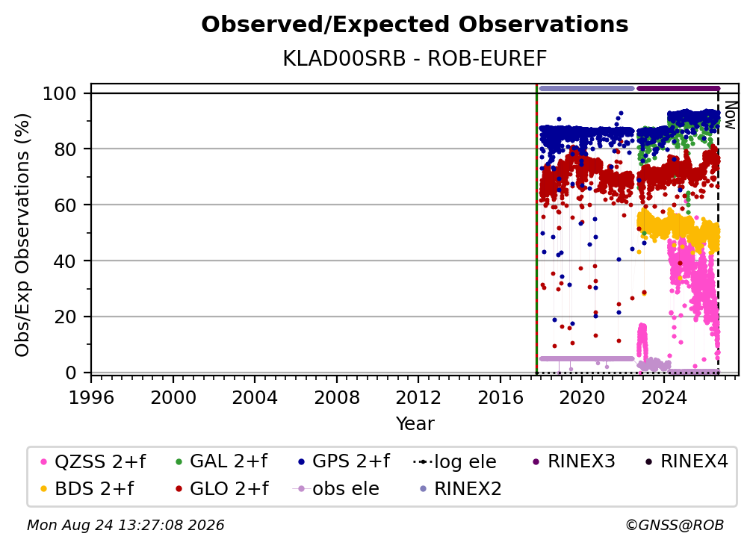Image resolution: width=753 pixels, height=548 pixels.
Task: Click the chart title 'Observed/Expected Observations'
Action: coord(415,25)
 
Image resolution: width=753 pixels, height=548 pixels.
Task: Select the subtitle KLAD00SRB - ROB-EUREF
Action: coord(415,59)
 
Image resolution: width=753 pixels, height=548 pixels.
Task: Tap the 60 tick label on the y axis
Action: coord(65,205)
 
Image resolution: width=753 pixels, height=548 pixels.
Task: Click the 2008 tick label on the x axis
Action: coord(336,398)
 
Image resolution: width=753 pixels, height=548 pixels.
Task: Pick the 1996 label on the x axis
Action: coord(91,398)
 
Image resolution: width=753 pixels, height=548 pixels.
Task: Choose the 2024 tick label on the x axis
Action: coord(663,398)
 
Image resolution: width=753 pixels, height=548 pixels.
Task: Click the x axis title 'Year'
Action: coord(415,424)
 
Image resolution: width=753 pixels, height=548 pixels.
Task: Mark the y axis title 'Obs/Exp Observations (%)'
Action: coord(22,235)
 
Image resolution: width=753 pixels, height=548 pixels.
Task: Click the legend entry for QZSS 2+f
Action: coord(93,461)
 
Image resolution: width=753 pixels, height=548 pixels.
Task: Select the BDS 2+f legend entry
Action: coord(87,489)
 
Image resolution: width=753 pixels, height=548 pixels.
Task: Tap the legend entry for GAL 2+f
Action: coord(222,461)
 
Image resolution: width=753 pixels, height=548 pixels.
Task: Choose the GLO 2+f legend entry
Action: coord(223,489)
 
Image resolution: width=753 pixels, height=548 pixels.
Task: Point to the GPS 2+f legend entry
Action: coord(344,461)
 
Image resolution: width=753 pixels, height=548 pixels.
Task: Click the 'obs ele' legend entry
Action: coord(336,489)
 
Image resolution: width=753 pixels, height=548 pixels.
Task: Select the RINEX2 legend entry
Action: coord(460,489)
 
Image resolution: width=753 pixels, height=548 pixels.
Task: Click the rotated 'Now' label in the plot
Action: coord(730,115)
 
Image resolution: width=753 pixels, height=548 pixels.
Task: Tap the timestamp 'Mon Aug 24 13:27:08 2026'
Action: coord(125,526)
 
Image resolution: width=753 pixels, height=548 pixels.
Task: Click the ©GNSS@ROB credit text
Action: coord(675,526)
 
